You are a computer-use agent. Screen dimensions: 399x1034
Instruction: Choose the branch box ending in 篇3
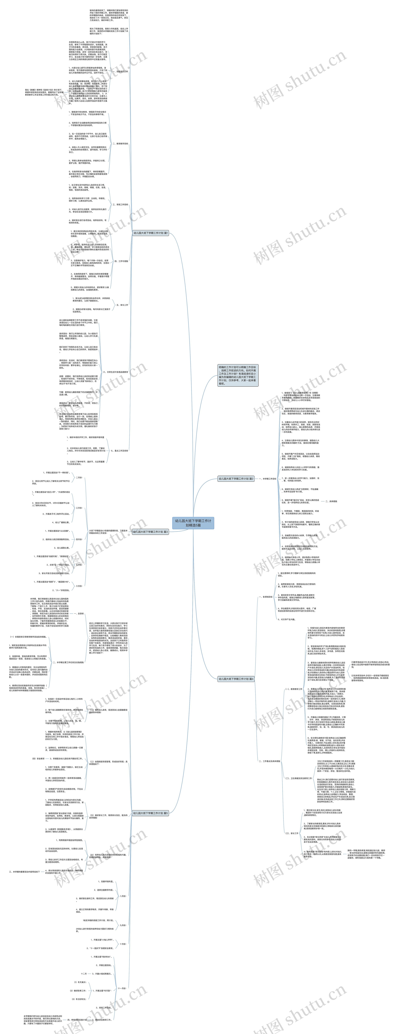[x=151, y=532]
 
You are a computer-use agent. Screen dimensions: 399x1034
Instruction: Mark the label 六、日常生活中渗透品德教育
[x=116, y=372]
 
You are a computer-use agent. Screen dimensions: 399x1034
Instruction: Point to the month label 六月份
[x=79, y=586]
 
